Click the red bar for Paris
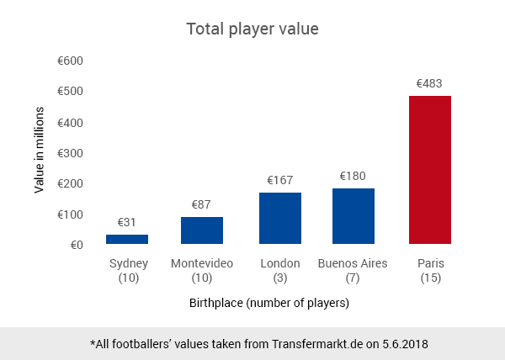pos(429,170)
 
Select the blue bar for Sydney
pos(127,239)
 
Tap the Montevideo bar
pos(202,230)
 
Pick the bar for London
pos(280,218)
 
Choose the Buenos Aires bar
pos(353,216)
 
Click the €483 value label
pos(429,84)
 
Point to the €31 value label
pos(127,222)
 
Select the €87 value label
pos(202,204)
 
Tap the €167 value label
pos(280,180)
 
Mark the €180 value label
pos(353,176)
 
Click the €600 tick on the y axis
pos(70,61)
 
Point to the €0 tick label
pos(76,245)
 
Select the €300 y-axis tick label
pos(70,153)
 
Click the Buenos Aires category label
pos(353,263)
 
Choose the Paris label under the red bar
pos(430,263)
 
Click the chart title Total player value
pos(252,29)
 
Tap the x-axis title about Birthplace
pos(268,302)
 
